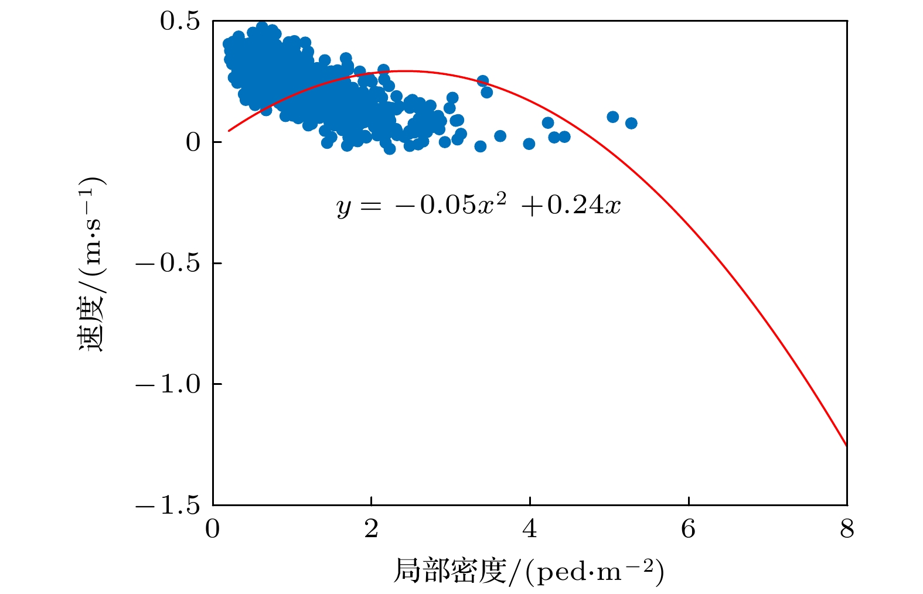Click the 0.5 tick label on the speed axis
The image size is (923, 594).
coord(179,21)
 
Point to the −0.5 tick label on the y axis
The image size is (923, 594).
coord(168,263)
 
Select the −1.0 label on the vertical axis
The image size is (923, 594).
coord(168,384)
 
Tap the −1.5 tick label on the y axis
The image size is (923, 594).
coord(168,505)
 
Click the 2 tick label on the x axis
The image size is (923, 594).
coord(371,529)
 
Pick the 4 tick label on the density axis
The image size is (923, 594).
coord(530,529)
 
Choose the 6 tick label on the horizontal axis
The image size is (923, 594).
coord(688,529)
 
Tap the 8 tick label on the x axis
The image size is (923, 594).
coord(847,529)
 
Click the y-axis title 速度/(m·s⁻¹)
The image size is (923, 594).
coord(92,264)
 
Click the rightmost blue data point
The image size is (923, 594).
coord(631,123)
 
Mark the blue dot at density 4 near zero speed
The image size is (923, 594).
coord(529,144)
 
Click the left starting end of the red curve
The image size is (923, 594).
coord(229,131)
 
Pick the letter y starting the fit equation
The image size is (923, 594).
coord(344,207)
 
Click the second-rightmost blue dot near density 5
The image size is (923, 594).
coord(612,117)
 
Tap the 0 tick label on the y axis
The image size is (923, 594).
coord(193,142)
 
